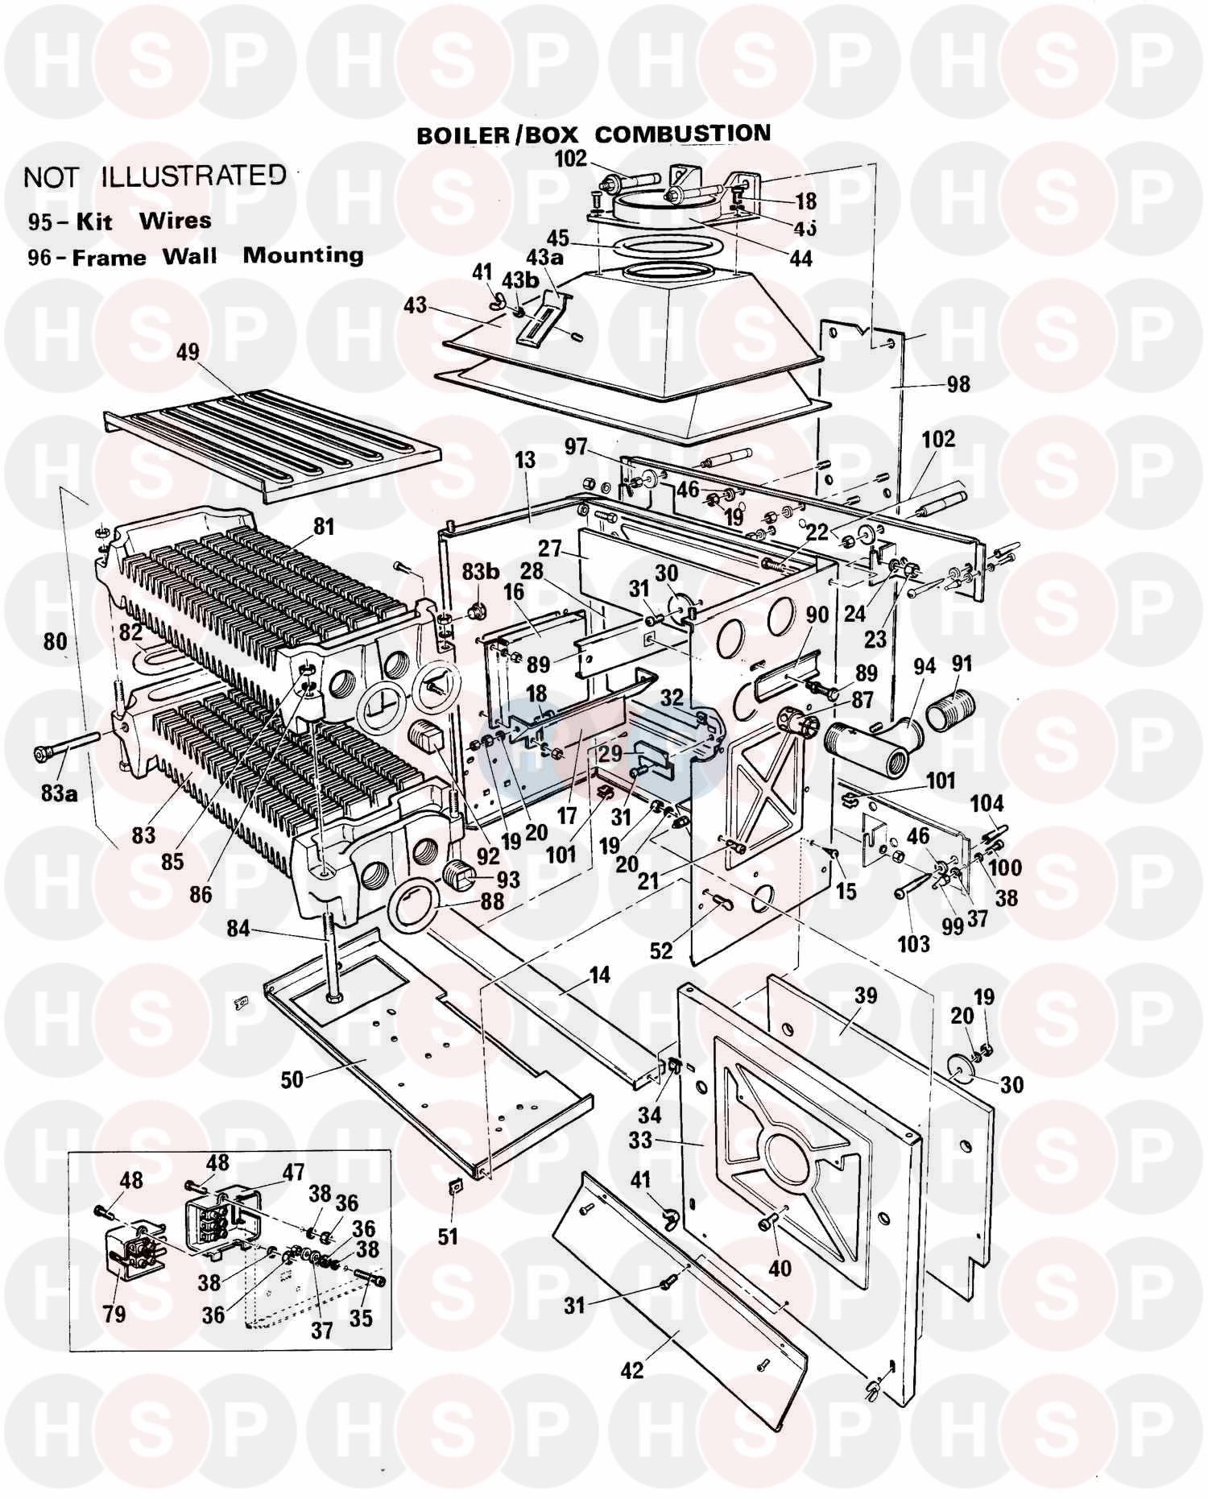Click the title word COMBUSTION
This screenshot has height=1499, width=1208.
point(681,135)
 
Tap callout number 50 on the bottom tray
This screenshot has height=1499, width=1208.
point(292,1079)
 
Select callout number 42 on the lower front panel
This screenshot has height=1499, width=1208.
point(632,1369)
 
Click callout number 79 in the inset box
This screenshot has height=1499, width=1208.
point(114,1314)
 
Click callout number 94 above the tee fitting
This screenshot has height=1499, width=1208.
point(925,666)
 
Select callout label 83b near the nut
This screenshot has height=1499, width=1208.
point(480,572)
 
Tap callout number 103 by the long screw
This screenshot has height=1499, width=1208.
point(913,944)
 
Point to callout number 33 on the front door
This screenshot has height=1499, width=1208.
point(640,1141)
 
